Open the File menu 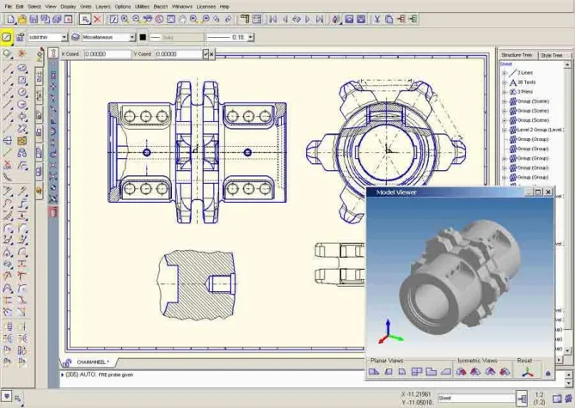coord(7,6)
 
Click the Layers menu coord(102,6)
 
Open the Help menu coord(224,6)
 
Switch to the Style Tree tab coord(551,55)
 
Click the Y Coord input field coord(178,54)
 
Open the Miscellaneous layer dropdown coord(132,38)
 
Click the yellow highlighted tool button coord(7,38)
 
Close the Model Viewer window coord(547,192)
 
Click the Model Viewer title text coord(395,192)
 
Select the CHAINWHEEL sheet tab coord(93,362)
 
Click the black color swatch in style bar coord(144,38)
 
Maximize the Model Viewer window coord(537,192)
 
